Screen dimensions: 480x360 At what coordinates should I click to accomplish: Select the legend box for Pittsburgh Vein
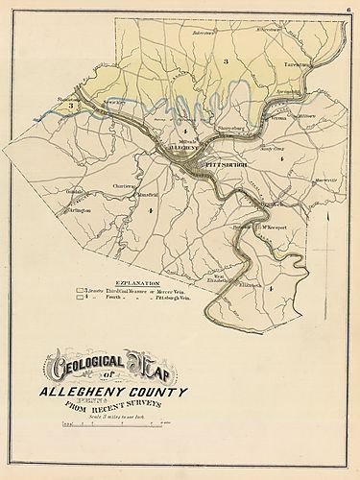[x=82, y=300]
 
